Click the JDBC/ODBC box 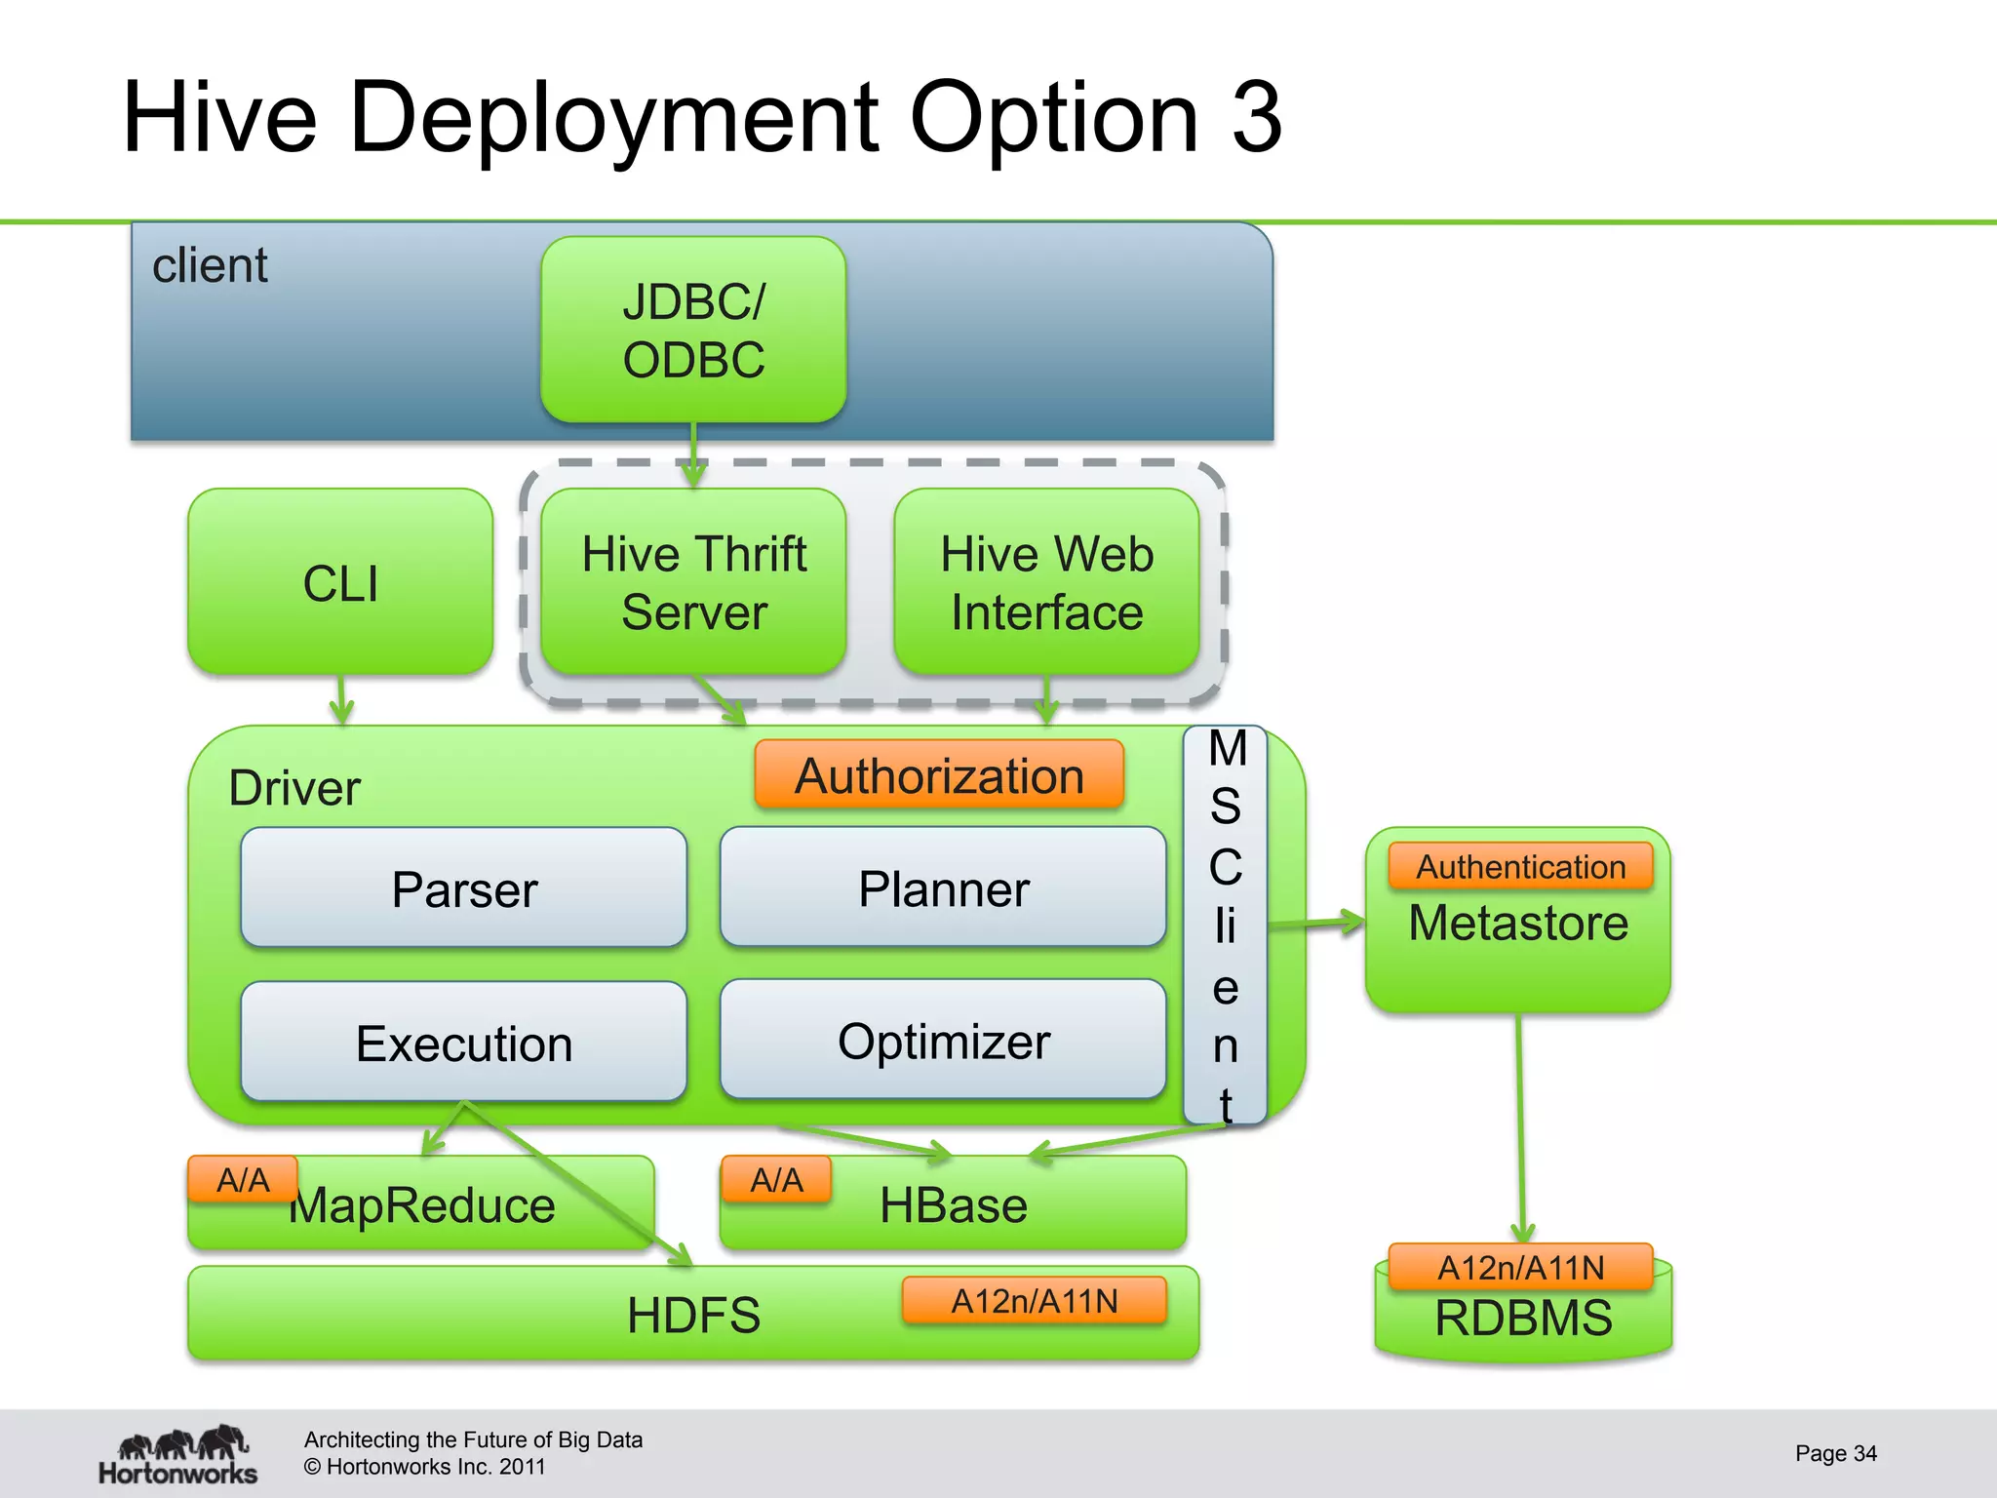tap(693, 330)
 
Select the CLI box tap(340, 582)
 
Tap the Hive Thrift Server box tap(693, 582)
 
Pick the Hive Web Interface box tap(1046, 582)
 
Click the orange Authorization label tap(939, 776)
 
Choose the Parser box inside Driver tap(464, 888)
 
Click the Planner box tap(943, 888)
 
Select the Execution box tap(464, 1043)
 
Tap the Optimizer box tap(943, 1041)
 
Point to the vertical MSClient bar tap(1226, 925)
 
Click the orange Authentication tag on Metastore tap(1520, 867)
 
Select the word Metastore tap(1518, 924)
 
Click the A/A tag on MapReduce tap(243, 1180)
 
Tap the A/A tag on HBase tap(776, 1180)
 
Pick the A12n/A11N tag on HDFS tap(1035, 1301)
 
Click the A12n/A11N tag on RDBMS tap(1520, 1267)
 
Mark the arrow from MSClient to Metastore tap(1316, 923)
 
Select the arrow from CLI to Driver tap(341, 700)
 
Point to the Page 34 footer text tap(1835, 1453)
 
